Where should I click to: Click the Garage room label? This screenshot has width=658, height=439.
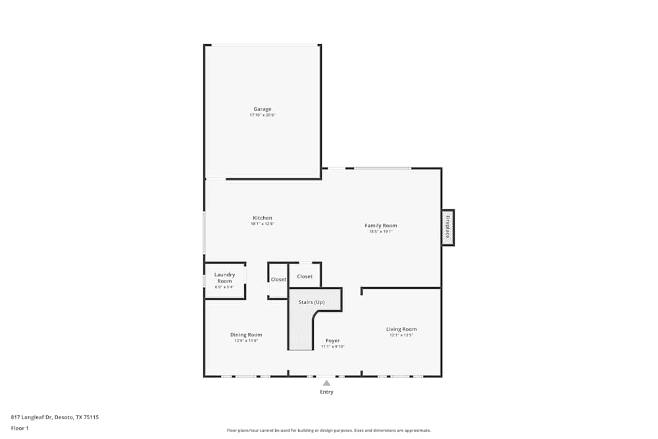[x=263, y=109]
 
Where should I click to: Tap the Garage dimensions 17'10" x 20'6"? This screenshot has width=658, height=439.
[x=263, y=115]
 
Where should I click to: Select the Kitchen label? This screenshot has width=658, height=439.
[x=263, y=218]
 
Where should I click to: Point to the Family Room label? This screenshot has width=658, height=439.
[x=381, y=226]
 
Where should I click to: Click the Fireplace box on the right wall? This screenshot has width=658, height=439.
[x=447, y=227]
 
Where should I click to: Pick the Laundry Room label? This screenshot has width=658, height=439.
[x=224, y=278]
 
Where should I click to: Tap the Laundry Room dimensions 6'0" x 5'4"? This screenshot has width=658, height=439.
[x=224, y=287]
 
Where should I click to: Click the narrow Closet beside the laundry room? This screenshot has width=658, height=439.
[x=278, y=280]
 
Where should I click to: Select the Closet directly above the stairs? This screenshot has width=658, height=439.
[x=305, y=276]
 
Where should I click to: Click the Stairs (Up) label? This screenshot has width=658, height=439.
[x=311, y=302]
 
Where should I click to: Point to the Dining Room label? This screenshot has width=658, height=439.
[x=246, y=335]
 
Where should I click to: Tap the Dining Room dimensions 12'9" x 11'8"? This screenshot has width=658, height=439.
[x=246, y=341]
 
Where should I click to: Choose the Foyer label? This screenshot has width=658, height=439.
[x=333, y=340]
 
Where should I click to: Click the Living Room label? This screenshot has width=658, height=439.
[x=401, y=329]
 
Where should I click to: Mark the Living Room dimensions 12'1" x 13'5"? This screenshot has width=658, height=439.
[x=401, y=335]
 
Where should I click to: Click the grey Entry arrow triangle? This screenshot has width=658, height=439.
[x=326, y=382]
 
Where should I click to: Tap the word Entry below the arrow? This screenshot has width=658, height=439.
[x=326, y=392]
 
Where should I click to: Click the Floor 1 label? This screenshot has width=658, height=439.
[x=20, y=428]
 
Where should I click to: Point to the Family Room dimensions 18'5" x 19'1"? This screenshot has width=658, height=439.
[x=381, y=232]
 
